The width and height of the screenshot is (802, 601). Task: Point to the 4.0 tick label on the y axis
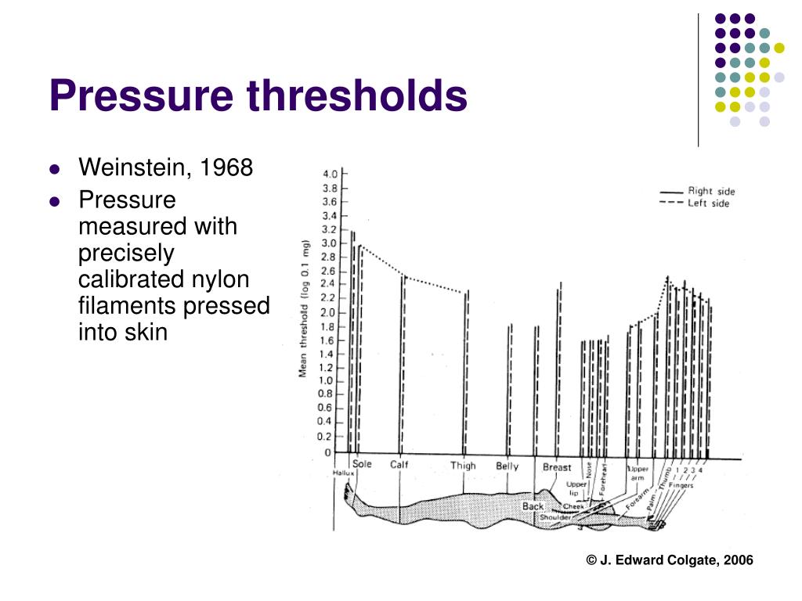[331, 173]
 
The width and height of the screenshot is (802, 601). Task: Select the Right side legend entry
[711, 190]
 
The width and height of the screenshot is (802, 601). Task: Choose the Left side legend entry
[708, 203]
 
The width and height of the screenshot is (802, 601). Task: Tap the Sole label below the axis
[362, 464]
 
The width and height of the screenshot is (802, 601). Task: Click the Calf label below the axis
[399, 465]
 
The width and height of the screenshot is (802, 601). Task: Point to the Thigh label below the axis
[463, 466]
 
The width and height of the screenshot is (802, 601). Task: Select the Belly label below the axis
[507, 466]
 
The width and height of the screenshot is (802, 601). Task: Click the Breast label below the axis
[557, 467]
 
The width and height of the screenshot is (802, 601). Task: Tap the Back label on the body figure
[533, 506]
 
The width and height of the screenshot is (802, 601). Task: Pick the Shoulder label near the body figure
[555, 517]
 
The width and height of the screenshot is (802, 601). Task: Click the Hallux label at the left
[343, 473]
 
